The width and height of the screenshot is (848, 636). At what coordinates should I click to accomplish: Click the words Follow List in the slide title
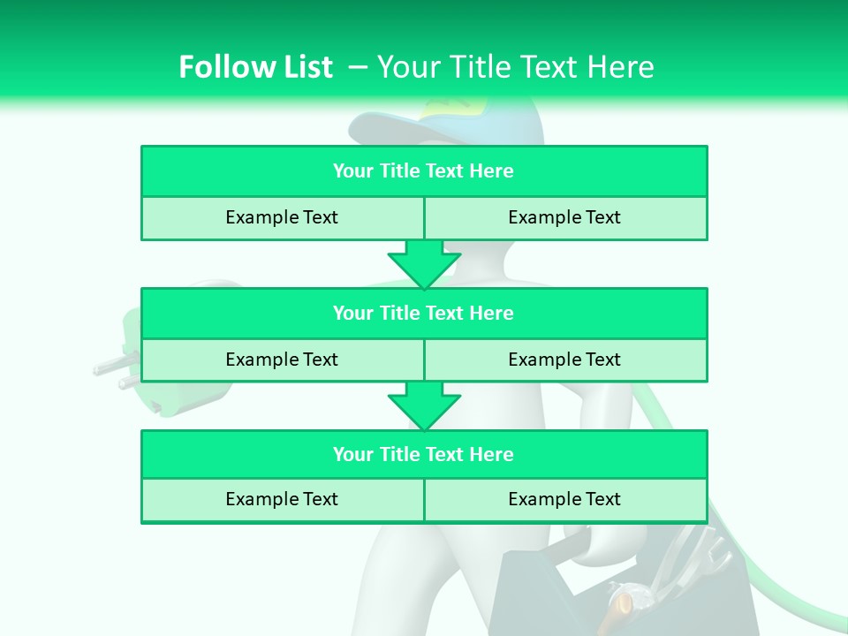(x=255, y=67)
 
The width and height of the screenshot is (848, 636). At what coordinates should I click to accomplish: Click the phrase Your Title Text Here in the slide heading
(x=515, y=67)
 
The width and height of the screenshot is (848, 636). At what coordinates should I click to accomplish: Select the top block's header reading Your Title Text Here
(x=423, y=171)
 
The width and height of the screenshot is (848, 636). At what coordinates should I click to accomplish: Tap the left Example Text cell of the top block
(x=282, y=217)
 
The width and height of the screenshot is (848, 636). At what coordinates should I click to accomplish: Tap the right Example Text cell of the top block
(x=564, y=217)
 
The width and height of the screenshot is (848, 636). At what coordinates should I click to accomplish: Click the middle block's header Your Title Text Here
(x=423, y=313)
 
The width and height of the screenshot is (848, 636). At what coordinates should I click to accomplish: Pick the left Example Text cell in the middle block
(x=282, y=360)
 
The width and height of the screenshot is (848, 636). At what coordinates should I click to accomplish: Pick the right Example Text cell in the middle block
(x=564, y=360)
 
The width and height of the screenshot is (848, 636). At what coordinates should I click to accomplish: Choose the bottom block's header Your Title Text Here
(x=423, y=454)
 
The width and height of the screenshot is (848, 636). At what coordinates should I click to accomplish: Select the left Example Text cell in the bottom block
(x=282, y=499)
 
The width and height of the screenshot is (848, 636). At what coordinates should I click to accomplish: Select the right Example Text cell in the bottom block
(x=564, y=499)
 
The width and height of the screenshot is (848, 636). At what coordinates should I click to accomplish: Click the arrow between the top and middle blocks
(x=424, y=263)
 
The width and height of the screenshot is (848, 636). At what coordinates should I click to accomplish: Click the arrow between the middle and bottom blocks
(x=424, y=405)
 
